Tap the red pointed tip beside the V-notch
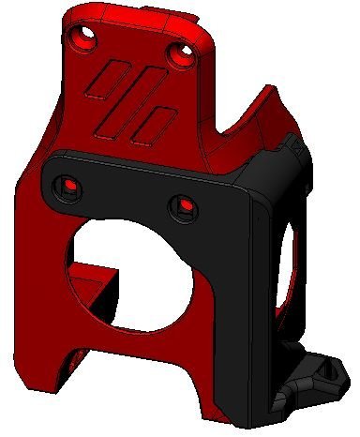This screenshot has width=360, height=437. coord(272,95)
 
